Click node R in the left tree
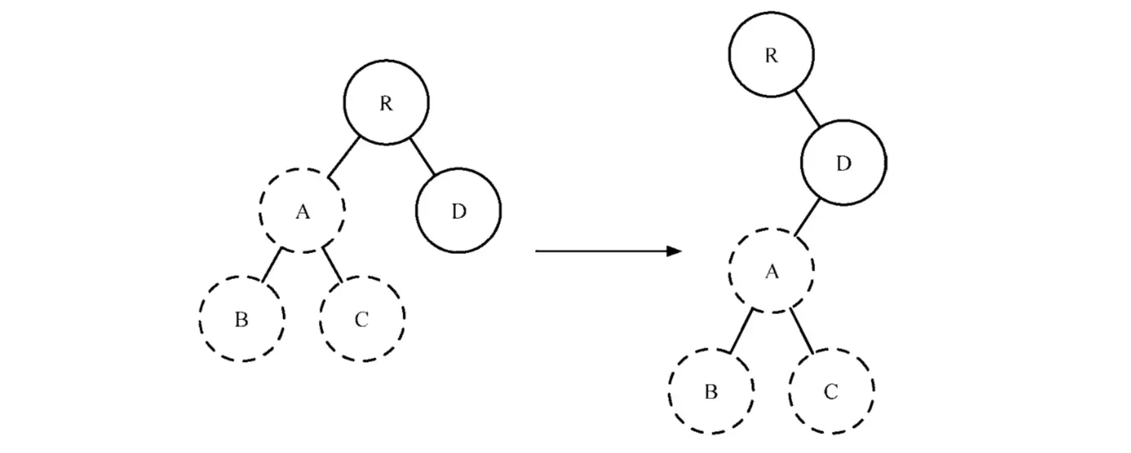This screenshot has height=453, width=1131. pyautogui.click(x=386, y=103)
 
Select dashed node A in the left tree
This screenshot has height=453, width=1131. pyautogui.click(x=302, y=211)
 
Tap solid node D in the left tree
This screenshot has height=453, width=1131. pyautogui.click(x=458, y=211)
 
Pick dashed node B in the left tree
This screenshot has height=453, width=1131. pyautogui.click(x=241, y=318)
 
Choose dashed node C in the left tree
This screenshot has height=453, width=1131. pyautogui.click(x=362, y=318)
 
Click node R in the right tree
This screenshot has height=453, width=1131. pyautogui.click(x=771, y=55)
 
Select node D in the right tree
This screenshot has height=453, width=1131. pyautogui.click(x=843, y=163)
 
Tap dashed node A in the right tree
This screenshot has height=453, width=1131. pyautogui.click(x=771, y=271)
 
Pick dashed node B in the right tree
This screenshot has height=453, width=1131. pyautogui.click(x=711, y=391)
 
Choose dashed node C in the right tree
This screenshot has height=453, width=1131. pyautogui.click(x=831, y=391)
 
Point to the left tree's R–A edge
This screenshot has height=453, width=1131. pyautogui.click(x=345, y=157)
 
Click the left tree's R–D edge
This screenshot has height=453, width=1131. pyautogui.click(x=422, y=157)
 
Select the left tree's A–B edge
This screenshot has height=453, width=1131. pyautogui.click(x=270, y=266)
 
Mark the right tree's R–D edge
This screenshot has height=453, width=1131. pyautogui.click(x=808, y=109)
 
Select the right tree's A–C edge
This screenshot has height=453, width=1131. pyautogui.click(x=802, y=331)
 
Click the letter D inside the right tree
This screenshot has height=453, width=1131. pyautogui.click(x=843, y=163)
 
